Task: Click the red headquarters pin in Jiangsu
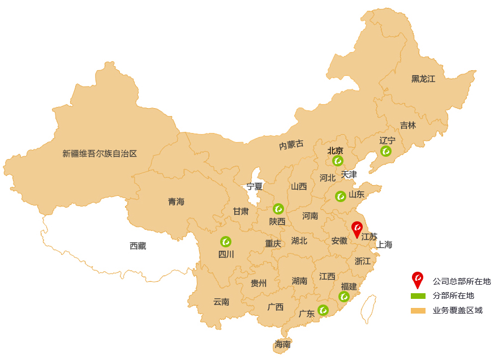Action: (357, 229)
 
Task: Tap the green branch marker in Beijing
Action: (338, 160)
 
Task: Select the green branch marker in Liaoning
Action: (386, 151)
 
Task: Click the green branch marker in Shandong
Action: (340, 196)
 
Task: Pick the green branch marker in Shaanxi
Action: (278, 208)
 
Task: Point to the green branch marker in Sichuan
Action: (226, 242)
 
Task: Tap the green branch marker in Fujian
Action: (344, 297)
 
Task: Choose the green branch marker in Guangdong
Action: (323, 310)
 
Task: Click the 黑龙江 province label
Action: (423, 79)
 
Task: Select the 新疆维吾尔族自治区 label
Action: (100, 153)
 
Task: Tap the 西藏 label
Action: (138, 246)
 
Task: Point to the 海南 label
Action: (282, 344)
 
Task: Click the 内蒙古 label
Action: (291, 145)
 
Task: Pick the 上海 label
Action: (384, 245)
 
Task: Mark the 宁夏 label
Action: (255, 186)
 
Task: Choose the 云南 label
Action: (221, 302)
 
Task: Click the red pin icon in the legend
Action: (417, 280)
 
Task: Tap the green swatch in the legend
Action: (418, 295)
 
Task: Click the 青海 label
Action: (176, 202)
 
